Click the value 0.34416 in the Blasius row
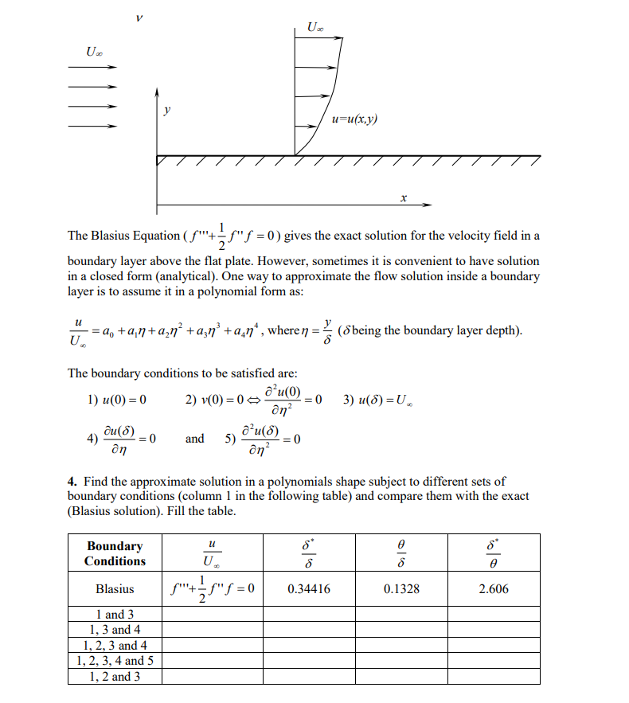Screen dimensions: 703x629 (x=308, y=589)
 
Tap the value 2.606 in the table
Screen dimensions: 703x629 (x=493, y=589)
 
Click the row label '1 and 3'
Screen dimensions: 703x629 (x=115, y=614)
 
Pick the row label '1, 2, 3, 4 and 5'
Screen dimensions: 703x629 (x=115, y=661)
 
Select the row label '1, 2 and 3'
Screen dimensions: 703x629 (x=115, y=677)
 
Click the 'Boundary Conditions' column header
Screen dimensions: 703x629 (x=115, y=553)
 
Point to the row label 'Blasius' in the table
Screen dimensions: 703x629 (x=115, y=589)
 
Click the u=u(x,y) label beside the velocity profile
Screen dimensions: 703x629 (x=355, y=119)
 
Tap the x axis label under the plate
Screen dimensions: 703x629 (x=404, y=196)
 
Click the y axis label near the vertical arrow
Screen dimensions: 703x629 (x=166, y=109)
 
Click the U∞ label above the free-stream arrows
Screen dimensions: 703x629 (x=93, y=52)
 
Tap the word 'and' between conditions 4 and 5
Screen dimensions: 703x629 (x=194, y=439)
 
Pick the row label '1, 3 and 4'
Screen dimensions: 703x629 (x=115, y=630)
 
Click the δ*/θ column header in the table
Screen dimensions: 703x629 (x=493, y=553)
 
